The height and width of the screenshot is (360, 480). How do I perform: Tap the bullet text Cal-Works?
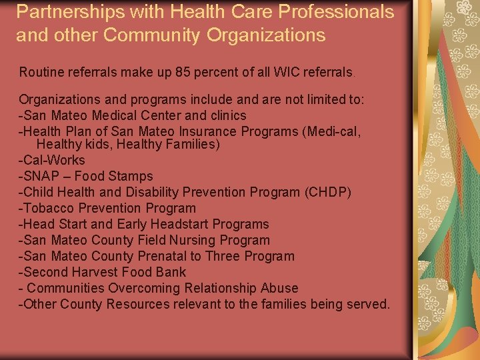click(54, 160)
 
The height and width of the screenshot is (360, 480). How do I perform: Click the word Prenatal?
click(163, 256)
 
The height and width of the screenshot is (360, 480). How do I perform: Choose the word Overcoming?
click(139, 288)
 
